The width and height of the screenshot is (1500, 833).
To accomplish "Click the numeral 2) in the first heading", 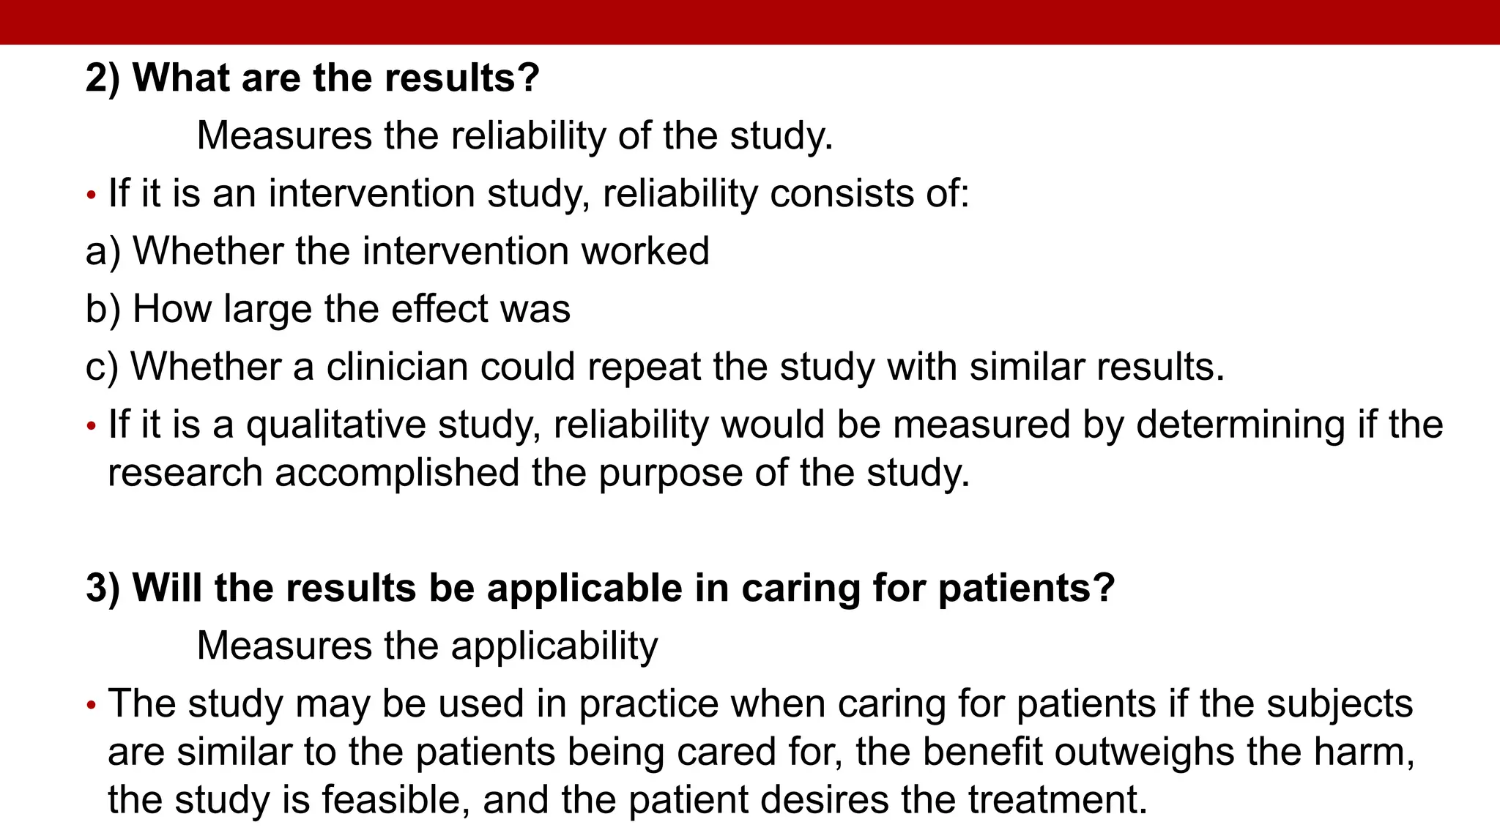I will pyautogui.click(x=103, y=78).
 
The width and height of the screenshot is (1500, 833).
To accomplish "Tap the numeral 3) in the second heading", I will pyautogui.click(x=103, y=589).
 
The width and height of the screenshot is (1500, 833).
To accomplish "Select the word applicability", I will pyautogui.click(x=554, y=646).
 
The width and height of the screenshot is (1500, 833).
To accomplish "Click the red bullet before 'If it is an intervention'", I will pyautogui.click(x=92, y=195).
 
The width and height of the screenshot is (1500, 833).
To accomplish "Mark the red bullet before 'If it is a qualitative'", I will pyautogui.click(x=92, y=426).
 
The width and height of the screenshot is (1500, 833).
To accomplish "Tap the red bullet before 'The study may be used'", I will pyautogui.click(x=92, y=706).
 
